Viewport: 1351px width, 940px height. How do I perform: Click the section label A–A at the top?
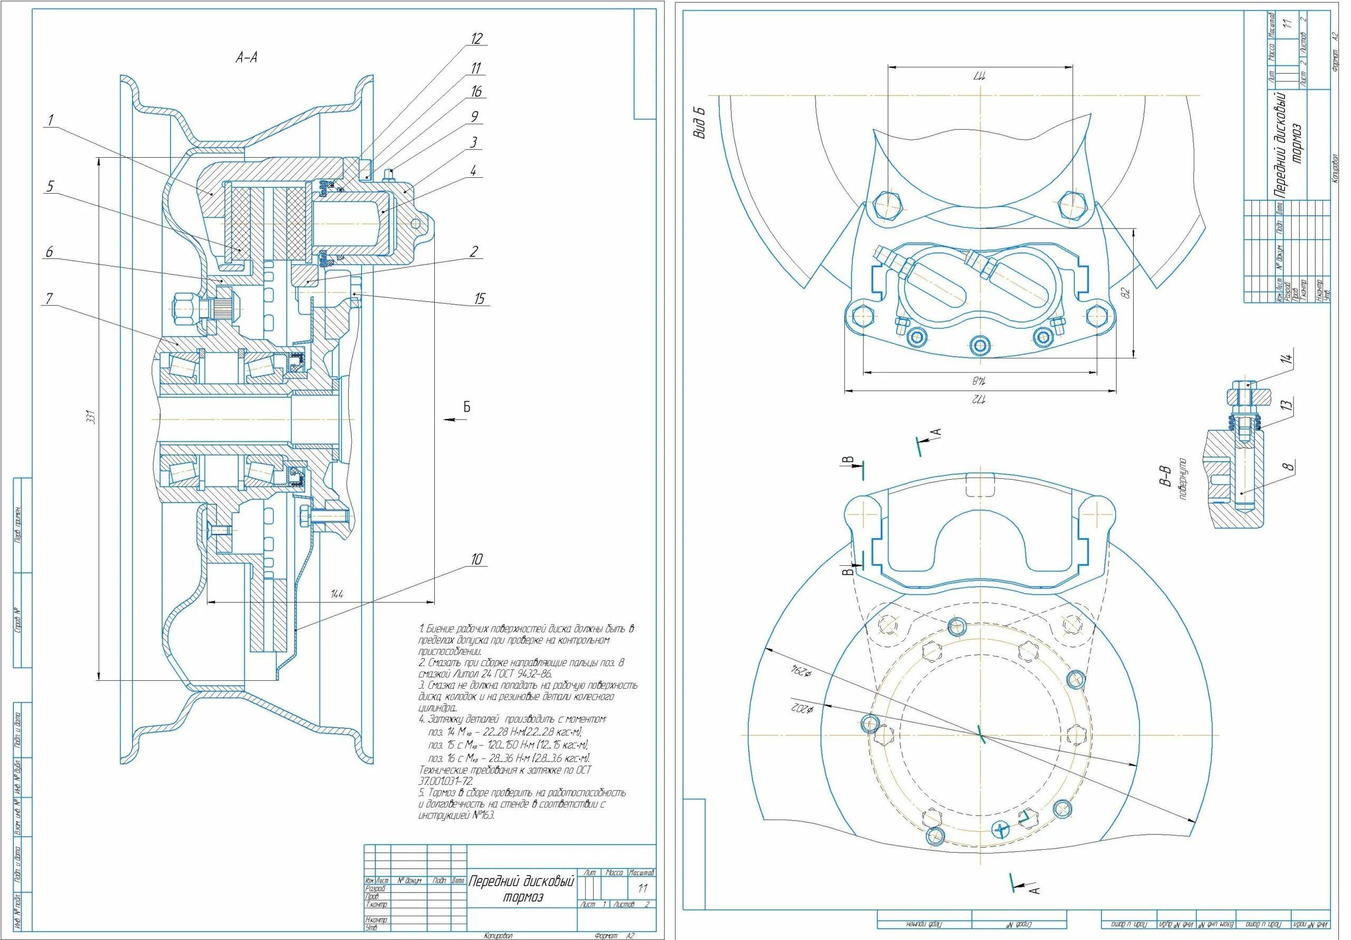(247, 57)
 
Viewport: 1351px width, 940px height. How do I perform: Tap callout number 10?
(477, 558)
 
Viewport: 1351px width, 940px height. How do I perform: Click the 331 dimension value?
(91, 419)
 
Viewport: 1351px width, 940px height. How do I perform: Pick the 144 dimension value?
(337, 594)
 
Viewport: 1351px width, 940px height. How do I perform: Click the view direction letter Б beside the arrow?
(467, 407)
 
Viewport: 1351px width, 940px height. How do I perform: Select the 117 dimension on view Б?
(978, 77)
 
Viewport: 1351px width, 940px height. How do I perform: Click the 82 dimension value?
(1127, 292)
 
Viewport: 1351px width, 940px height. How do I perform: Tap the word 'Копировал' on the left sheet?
(497, 935)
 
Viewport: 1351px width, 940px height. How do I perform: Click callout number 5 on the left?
(50, 187)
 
